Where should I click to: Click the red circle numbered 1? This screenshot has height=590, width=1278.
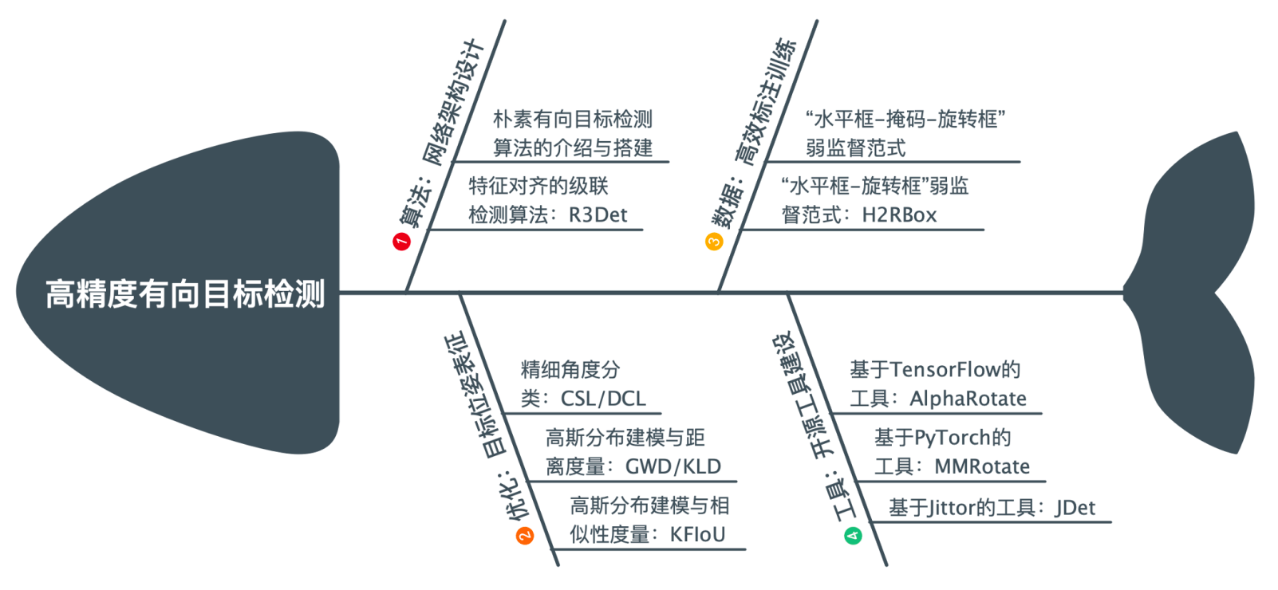click(401, 241)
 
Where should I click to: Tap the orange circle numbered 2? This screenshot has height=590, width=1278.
click(525, 536)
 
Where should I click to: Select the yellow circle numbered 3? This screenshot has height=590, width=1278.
click(714, 241)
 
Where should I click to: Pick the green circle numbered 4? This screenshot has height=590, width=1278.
click(853, 536)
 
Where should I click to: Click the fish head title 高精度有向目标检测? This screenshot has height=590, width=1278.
click(185, 293)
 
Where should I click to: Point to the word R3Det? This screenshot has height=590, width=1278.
click(598, 215)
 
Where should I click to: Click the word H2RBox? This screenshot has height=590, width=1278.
click(899, 215)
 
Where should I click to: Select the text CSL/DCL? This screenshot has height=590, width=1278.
click(603, 399)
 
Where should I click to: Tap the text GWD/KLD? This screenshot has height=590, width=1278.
click(673, 466)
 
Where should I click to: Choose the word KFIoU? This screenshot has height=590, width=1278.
click(697, 534)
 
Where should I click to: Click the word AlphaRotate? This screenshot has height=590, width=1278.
click(968, 399)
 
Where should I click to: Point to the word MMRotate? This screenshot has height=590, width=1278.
click(982, 466)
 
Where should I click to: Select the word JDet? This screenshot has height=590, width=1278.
click(1075, 507)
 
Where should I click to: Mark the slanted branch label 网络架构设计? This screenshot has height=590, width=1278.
click(454, 103)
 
